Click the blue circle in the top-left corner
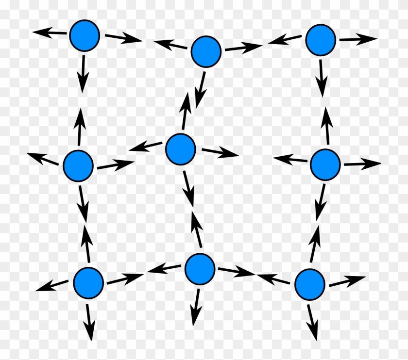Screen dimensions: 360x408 85,35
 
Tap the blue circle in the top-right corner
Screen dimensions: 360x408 321,40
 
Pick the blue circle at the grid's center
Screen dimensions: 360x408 180,149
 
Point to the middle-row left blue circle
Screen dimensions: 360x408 78,165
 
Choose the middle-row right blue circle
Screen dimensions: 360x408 325,164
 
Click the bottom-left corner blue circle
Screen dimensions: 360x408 88,281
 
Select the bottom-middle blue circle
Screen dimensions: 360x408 200,268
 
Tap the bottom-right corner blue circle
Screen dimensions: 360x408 309,284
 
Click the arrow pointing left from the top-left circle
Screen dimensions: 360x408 50,33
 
